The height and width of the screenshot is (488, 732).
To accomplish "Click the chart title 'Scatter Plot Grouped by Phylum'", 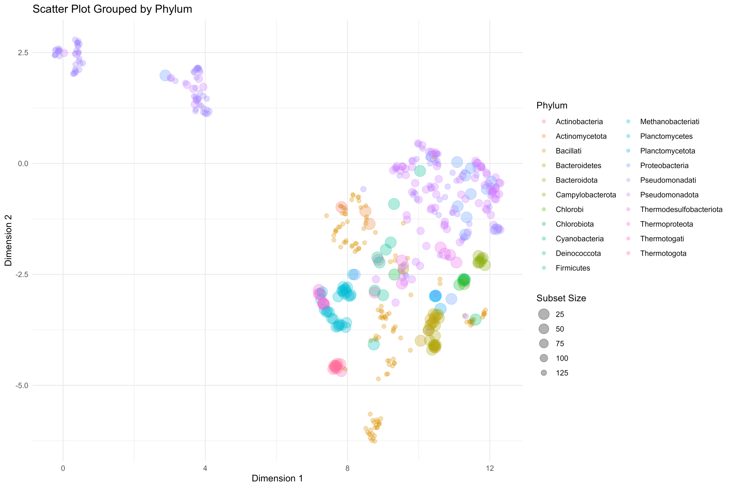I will [x=112, y=9].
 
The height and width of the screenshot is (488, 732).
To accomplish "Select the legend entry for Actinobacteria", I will [x=579, y=122].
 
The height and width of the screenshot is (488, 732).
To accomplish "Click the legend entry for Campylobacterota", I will [x=585, y=195].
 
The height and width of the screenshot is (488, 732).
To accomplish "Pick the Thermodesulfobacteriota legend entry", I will [x=681, y=210].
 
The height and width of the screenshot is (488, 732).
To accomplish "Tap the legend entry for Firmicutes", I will [x=573, y=268].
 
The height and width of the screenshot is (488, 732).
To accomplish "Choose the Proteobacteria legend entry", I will [x=664, y=166].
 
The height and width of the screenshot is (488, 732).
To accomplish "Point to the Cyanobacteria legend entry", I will [x=579, y=239].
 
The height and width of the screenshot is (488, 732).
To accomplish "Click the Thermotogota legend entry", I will [x=663, y=253].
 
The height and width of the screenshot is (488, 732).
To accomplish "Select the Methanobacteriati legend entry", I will [x=669, y=122].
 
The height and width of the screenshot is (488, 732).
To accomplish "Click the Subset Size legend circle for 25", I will [x=544, y=314].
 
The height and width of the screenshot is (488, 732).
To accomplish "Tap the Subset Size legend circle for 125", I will [x=544, y=373].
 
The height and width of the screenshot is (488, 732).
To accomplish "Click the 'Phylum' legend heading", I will [x=552, y=105].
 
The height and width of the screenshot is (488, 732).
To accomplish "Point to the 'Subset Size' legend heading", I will [x=561, y=298].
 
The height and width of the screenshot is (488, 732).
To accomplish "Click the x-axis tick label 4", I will [x=205, y=468].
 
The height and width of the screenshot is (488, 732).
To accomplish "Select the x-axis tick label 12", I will [x=490, y=468].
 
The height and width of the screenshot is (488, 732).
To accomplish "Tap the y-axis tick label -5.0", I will [x=22, y=385].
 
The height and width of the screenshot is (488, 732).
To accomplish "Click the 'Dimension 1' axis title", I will [x=277, y=478].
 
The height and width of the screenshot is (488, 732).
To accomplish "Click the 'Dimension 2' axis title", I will [x=8, y=240].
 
